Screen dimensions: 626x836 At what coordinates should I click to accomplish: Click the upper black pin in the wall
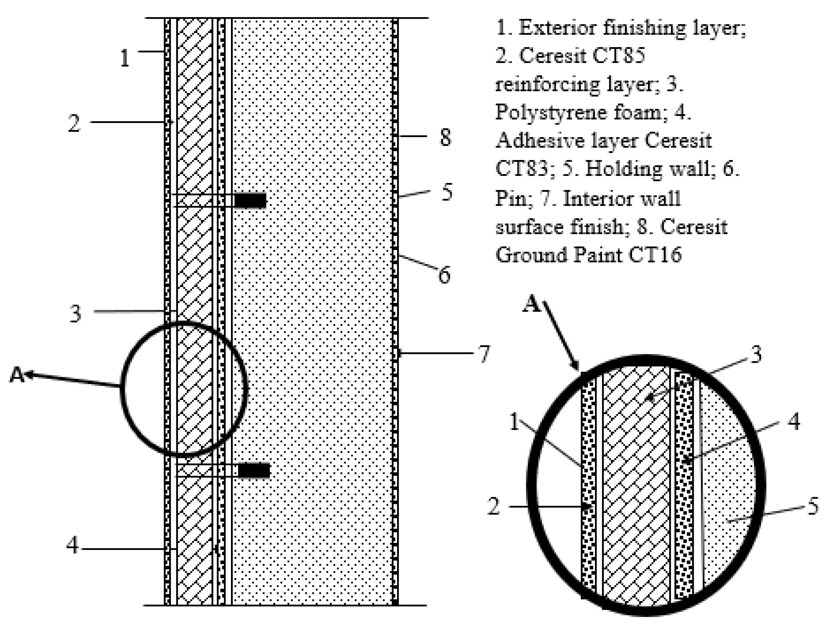(250, 201)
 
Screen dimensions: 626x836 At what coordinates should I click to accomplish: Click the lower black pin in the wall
(254, 470)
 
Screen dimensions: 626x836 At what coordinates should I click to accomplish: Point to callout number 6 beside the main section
(444, 275)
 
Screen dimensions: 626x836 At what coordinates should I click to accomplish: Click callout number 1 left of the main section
(124, 58)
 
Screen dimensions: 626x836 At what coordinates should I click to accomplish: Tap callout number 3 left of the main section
(75, 314)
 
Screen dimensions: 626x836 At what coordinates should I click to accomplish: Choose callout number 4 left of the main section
(72, 546)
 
